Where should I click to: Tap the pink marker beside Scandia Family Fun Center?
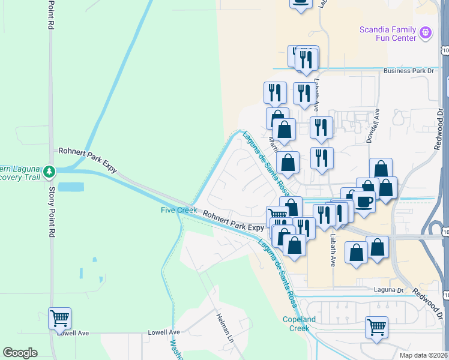click(426, 32)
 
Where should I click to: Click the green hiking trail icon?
click(49, 172)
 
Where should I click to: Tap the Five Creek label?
click(178, 210)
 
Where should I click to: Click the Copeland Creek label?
click(297, 324)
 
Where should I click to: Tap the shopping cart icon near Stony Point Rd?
click(59, 318)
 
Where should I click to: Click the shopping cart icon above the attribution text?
click(376, 327)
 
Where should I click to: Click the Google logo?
click(20, 353)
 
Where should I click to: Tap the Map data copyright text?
click(424, 355)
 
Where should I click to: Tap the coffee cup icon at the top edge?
click(301, 2)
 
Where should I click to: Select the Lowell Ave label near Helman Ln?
click(166, 332)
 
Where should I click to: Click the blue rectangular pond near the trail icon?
click(71, 187)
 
